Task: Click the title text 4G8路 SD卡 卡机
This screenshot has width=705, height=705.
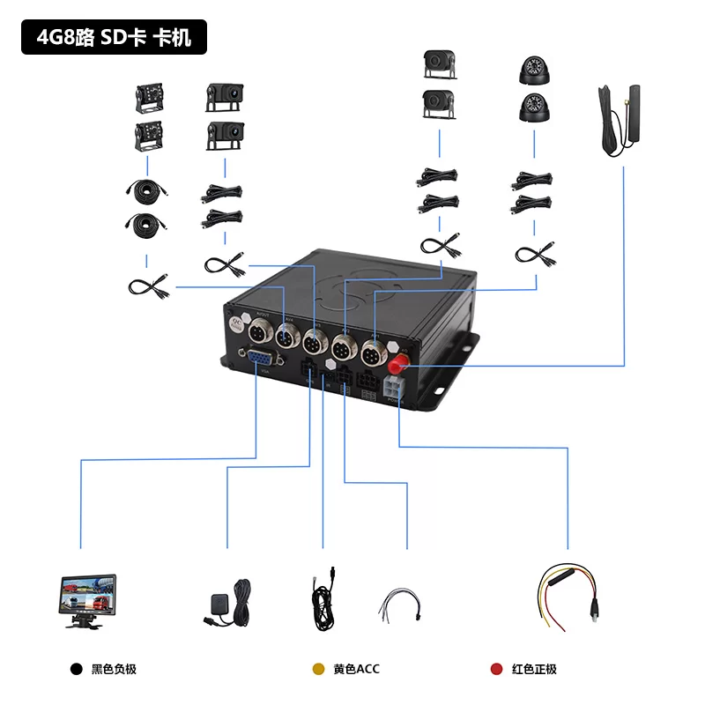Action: point(114,38)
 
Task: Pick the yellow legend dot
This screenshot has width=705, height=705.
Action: point(319,670)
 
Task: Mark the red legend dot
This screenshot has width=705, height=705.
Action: point(496,670)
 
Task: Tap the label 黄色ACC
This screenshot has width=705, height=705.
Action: point(356,670)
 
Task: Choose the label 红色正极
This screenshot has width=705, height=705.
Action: point(535,670)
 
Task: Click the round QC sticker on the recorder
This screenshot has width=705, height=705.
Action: point(234,323)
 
